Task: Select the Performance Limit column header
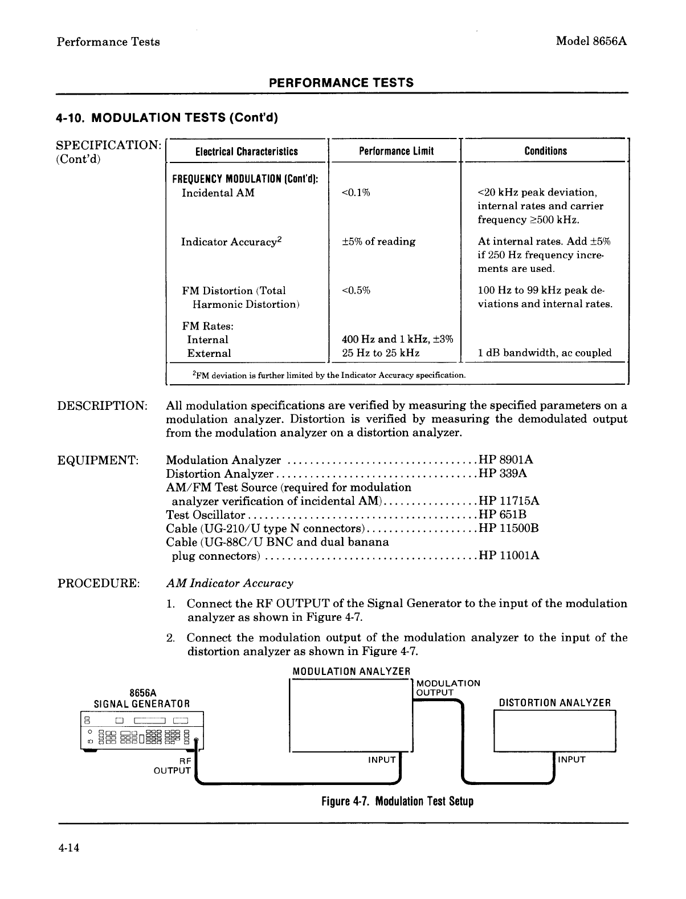click(396, 151)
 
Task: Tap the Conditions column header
click(545, 151)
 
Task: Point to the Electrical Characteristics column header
click(247, 151)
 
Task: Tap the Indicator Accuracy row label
click(231, 242)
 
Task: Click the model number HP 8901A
click(507, 460)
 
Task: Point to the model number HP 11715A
click(509, 501)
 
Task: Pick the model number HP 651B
click(503, 515)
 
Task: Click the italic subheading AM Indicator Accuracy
click(230, 583)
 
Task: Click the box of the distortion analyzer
click(554, 731)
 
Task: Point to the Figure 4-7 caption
click(397, 801)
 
